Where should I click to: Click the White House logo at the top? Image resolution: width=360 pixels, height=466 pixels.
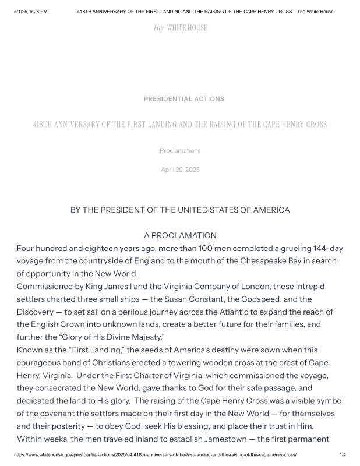pyautogui.click(x=180, y=27)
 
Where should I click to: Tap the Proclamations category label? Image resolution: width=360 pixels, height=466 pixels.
pyautogui.click(x=180, y=150)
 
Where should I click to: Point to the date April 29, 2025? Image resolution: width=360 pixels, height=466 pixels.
pyautogui.click(x=180, y=170)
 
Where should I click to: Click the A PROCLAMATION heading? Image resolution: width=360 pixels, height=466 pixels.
pyautogui.click(x=180, y=235)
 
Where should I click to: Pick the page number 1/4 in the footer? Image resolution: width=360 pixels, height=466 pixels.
pyautogui.click(x=343, y=454)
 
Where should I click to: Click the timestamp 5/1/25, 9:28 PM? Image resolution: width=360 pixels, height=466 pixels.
pyautogui.click(x=30, y=12)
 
